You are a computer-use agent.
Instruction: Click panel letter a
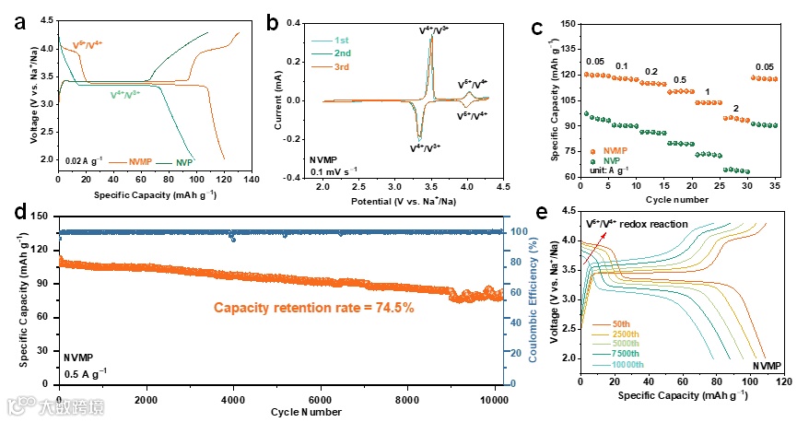19,21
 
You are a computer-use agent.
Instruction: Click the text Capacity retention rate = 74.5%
315,307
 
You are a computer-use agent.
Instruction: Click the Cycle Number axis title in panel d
281,411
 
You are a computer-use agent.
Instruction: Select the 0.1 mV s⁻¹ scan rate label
337,170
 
